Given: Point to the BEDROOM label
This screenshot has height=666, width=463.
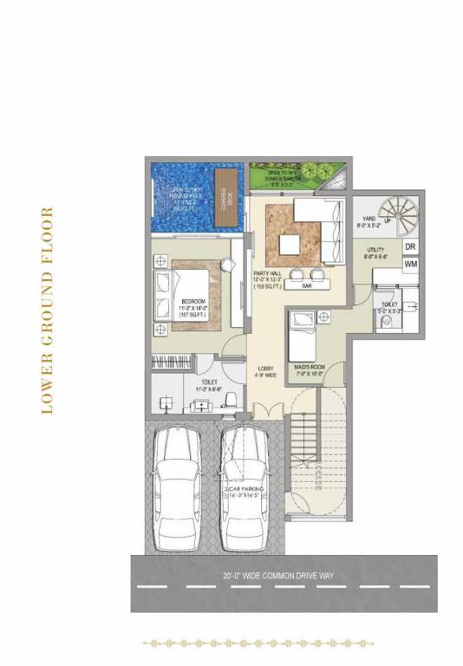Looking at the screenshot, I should click(192, 277).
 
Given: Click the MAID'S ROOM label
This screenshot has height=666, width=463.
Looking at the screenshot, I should click(309, 368).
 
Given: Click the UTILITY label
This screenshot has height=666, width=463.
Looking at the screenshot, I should click(375, 248).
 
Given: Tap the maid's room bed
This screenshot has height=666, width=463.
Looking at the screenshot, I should click(308, 336).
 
